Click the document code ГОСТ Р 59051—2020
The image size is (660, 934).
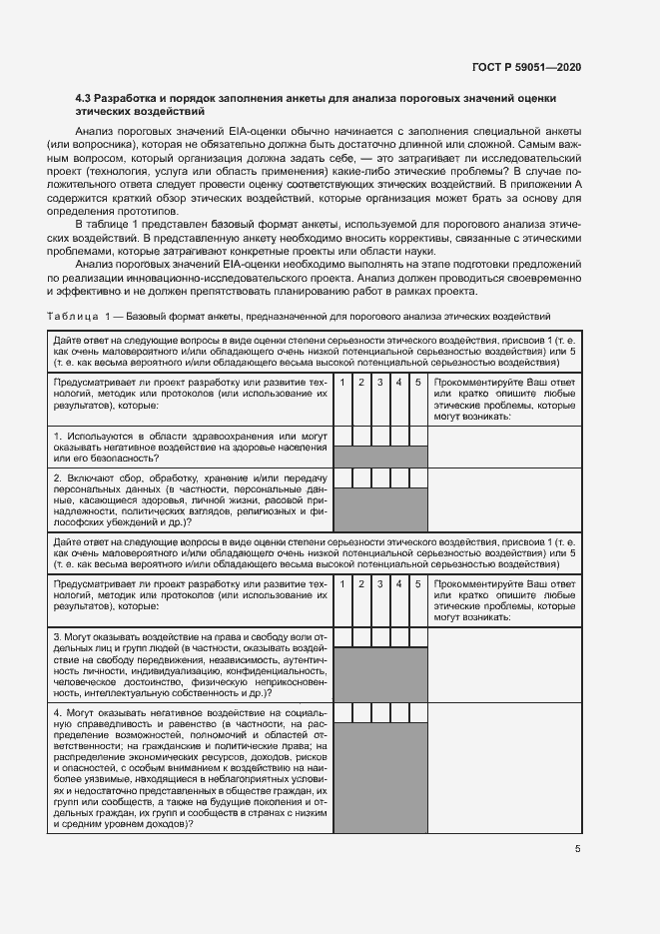(x=526, y=67)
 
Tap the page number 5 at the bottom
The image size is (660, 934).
(x=578, y=849)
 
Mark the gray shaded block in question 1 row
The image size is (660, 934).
(x=379, y=457)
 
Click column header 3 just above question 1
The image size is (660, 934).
(x=379, y=383)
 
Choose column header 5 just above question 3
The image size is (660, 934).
(x=417, y=582)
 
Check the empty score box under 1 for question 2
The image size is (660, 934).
(x=341, y=478)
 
